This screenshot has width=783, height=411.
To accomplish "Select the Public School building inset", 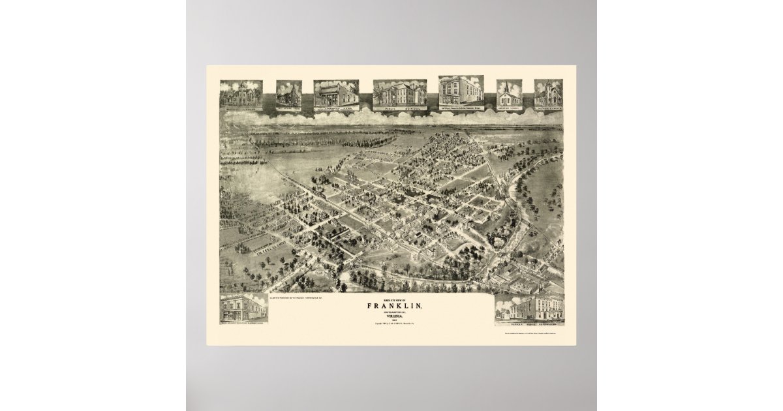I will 400,93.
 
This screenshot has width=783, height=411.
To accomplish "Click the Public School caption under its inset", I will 400,107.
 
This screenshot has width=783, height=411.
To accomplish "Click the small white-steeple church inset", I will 509,95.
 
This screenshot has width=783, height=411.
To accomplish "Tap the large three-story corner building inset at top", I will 461,91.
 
